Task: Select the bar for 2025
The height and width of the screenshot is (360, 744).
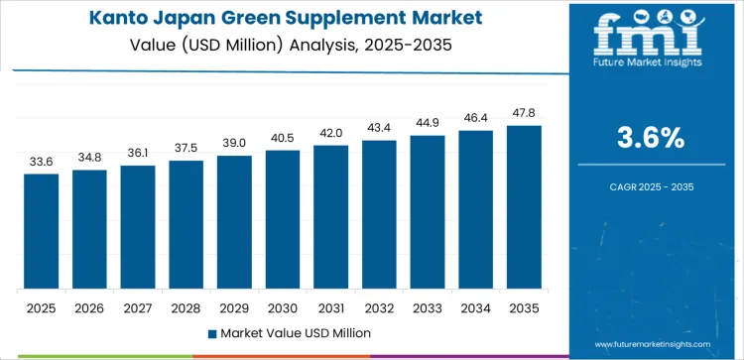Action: click(42, 231)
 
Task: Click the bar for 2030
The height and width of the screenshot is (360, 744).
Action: click(283, 219)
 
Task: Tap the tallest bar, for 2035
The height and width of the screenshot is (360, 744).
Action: click(524, 207)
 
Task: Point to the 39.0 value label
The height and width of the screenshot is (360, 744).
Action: click(234, 144)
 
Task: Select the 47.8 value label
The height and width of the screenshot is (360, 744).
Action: click(524, 113)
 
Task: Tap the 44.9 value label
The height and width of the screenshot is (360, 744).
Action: click(428, 123)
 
